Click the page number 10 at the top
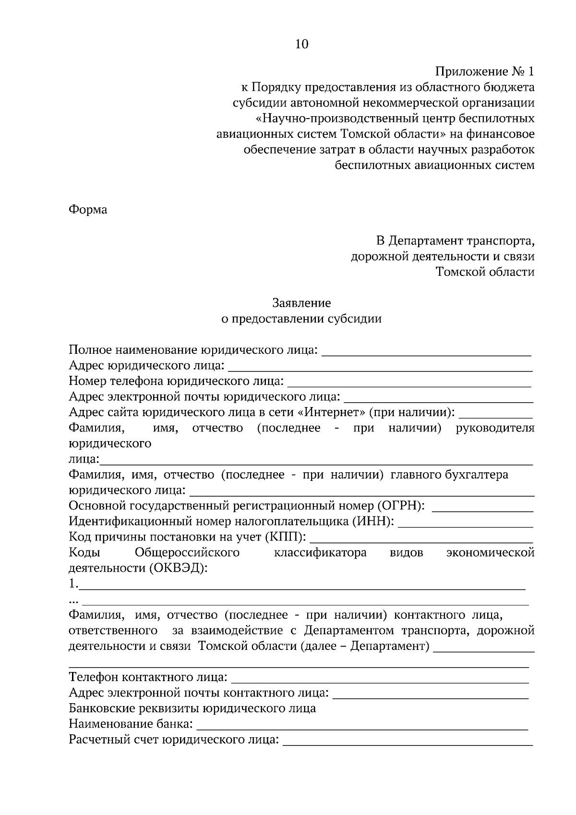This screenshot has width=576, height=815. coord(301,45)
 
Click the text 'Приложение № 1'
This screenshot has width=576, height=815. coord(484,72)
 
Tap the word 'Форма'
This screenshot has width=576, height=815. coord(88,210)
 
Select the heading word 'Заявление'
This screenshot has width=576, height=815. coord(301,303)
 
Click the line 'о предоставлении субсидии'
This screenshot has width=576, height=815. coord(301,319)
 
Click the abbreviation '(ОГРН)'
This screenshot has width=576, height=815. coord(401,506)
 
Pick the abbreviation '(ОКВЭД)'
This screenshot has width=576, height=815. coord(178,568)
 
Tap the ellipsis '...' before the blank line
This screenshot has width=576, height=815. coord(73,600)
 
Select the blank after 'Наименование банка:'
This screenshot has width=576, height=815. coord(362,725)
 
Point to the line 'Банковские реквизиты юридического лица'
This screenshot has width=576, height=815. coord(192,708)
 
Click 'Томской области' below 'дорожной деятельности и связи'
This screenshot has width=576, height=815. coord(485,272)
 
